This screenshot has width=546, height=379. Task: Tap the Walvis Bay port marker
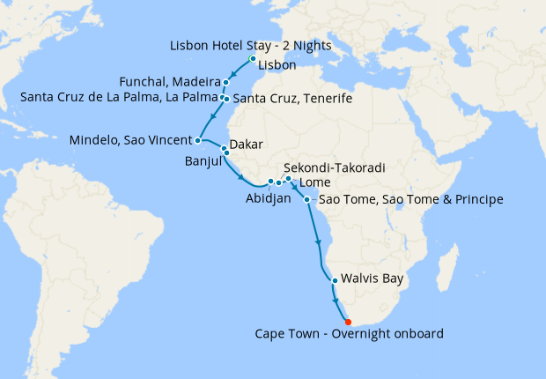coord(335,281)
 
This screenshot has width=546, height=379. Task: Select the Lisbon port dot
coord(253,60)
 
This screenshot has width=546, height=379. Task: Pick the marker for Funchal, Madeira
coord(226,82)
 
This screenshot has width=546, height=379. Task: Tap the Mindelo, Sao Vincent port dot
coord(198,140)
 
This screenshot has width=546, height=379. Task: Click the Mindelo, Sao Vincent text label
coord(129,140)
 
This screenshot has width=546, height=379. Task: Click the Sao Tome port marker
coord(306,200)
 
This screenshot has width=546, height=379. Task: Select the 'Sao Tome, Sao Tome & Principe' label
coord(409,200)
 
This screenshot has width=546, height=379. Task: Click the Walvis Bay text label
coord(371,279)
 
